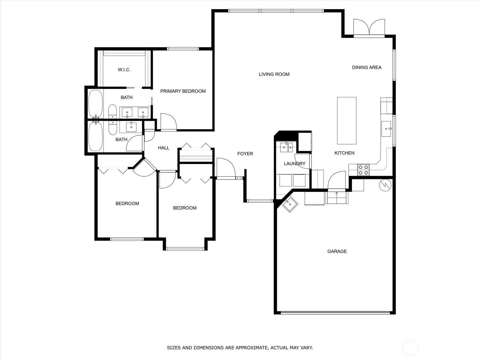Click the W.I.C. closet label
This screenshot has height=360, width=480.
(124, 70)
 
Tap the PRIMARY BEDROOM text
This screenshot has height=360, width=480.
(183, 91)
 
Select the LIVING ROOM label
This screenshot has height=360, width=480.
(274, 74)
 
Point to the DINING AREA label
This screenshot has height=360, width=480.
(367, 67)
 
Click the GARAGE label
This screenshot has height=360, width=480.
(337, 251)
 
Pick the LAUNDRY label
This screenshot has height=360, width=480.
(294, 163)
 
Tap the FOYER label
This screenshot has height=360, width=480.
(245, 154)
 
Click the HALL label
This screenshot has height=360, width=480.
(163, 148)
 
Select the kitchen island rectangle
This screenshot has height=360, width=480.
(346, 121)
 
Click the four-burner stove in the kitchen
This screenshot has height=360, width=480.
(363, 170)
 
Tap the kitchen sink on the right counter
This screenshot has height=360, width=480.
(386, 129)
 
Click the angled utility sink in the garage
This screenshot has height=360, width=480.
(290, 204)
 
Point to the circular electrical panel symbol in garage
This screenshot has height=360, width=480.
(385, 185)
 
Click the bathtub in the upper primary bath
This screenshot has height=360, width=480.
(96, 104)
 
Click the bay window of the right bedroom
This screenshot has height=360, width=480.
(185, 248)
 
